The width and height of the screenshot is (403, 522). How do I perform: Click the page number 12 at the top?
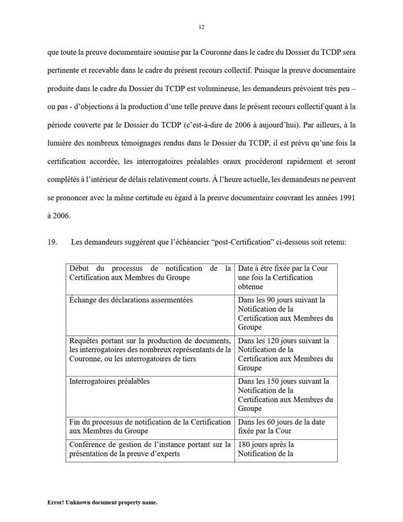click(201, 27)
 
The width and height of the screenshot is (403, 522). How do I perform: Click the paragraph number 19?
click(53, 242)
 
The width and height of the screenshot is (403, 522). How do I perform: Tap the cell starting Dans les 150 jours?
click(284, 395)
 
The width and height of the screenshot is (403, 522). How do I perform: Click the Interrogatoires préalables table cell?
click(109, 381)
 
